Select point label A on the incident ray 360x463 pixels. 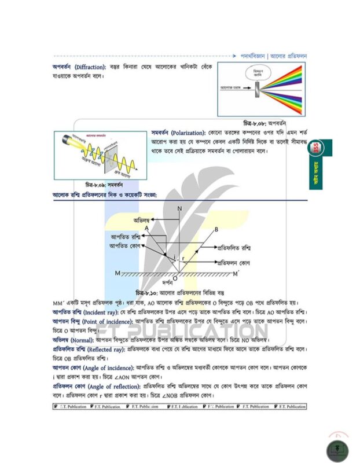(x=147, y=229)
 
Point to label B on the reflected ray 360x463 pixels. (x=216, y=230)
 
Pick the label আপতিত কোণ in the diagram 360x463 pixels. (x=126, y=246)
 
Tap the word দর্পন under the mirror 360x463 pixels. (x=168, y=284)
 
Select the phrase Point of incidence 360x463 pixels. (x=106, y=321)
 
